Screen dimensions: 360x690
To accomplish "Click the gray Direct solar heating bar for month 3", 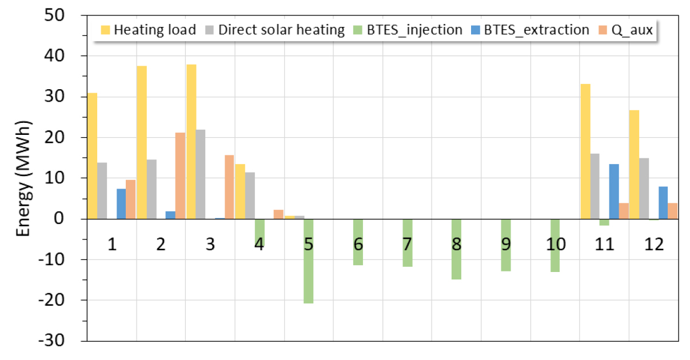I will [x=201, y=174].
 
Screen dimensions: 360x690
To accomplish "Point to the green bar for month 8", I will [x=456, y=249].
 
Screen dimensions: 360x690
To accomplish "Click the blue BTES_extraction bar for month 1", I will [x=121, y=204].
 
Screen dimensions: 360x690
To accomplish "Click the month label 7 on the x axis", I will [x=407, y=245].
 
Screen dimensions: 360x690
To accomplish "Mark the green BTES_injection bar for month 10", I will [x=555, y=245].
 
